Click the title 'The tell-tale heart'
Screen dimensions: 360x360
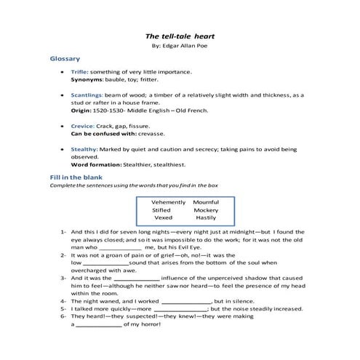(178, 35)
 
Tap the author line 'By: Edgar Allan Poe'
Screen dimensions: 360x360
(178, 45)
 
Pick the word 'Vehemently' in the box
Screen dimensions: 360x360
(168, 201)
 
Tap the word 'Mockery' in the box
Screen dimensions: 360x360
(206, 209)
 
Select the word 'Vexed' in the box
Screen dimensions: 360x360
(163, 217)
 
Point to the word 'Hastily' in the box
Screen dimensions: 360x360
(206, 217)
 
